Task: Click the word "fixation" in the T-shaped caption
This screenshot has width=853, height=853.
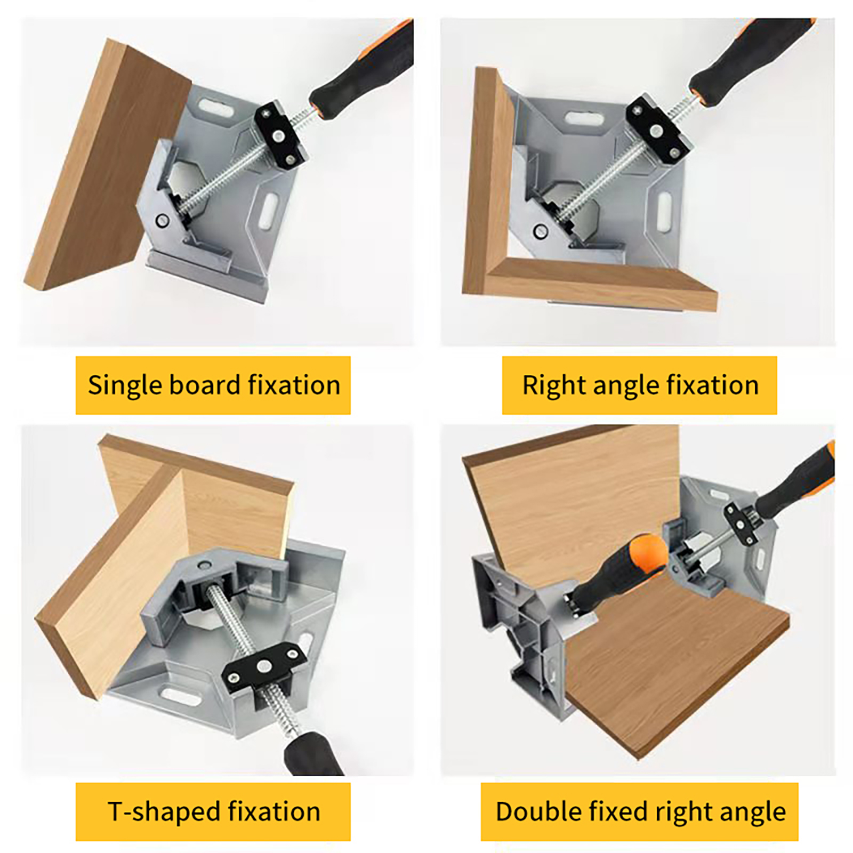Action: (x=274, y=811)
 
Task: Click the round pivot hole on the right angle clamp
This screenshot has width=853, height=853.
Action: (x=541, y=231)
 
